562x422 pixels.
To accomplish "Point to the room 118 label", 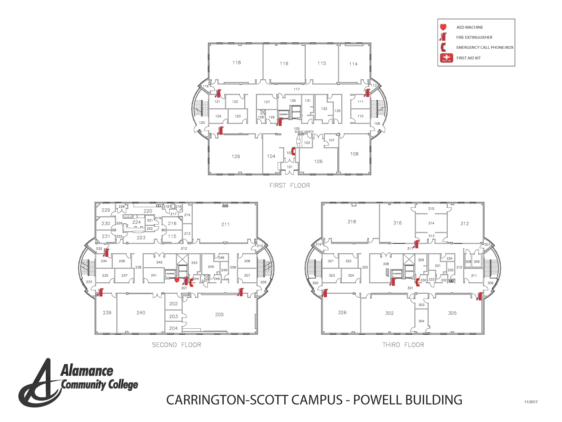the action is pos(237,63).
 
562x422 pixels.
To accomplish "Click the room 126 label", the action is pos(236,156).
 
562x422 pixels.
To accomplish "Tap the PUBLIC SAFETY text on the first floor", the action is pos(304,132).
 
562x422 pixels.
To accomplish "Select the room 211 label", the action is pos(225,224).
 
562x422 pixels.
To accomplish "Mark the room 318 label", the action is pos(352,222).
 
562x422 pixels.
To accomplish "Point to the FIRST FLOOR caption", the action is pos(290,185).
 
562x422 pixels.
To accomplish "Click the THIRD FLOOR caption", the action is pos(403,345).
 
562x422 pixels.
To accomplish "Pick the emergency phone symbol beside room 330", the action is pos(417,282).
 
